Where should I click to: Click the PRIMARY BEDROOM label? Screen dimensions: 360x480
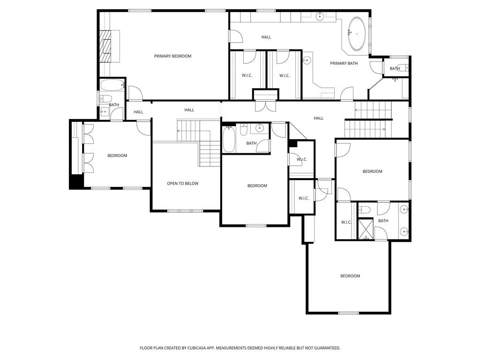coord(172,56)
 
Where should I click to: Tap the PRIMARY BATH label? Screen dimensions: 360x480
coord(344,63)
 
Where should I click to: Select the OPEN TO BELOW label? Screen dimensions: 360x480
coord(182,183)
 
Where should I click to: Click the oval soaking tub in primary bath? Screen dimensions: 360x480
coord(357,34)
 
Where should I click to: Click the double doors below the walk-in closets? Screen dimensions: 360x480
coord(266,106)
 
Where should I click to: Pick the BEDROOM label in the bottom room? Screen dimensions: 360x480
coord(350,276)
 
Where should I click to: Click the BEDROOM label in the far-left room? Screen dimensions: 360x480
coord(117,156)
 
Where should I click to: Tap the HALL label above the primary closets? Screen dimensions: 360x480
coord(266,37)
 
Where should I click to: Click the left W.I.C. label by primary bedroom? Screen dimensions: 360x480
coord(247,75)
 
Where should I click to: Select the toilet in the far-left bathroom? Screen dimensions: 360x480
coord(107,98)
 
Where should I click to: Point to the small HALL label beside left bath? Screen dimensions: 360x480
coord(138,112)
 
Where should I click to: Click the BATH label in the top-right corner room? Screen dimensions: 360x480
coord(395,68)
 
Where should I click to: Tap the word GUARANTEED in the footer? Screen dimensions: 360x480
coord(324,348)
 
